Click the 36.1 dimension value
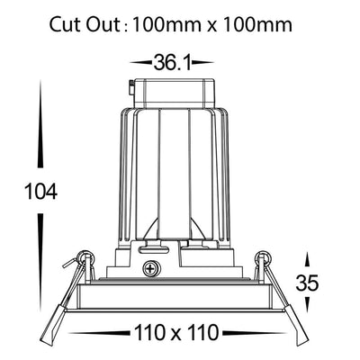pos(172,62)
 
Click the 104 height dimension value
pos(40,192)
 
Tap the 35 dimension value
pos(307,283)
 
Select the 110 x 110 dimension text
pos(176,333)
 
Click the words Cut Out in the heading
pos(85,24)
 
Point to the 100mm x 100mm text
pos(211,24)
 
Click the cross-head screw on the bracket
pos(150,268)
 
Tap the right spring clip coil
pos(265,257)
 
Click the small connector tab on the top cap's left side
pos(131,87)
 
